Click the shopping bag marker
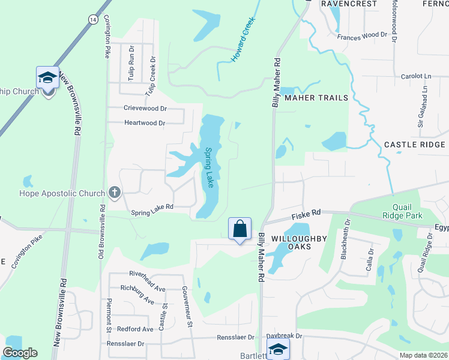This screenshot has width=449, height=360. pos(240,229)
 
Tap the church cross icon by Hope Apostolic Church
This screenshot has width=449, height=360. pos(114,193)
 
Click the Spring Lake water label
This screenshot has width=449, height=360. pos(209,167)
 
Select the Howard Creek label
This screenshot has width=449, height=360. pos(243,40)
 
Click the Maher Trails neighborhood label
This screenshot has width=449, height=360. pos(316,98)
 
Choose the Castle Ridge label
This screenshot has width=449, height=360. pos(415,145)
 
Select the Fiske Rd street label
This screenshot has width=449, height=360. pos(307,212)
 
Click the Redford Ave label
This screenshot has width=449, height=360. pos(135,329)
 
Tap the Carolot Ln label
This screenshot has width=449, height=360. pos(416,77)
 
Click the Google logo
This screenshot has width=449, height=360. pos(20,353)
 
